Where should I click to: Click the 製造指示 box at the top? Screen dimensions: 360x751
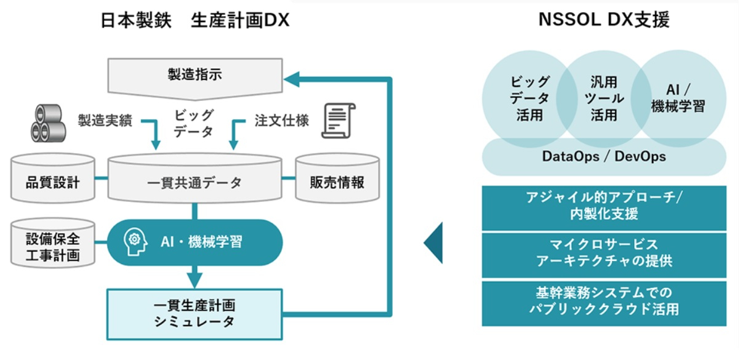[x=195, y=76]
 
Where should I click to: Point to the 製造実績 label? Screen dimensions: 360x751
[x=105, y=121]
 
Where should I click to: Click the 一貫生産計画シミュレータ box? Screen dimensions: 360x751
[x=195, y=313]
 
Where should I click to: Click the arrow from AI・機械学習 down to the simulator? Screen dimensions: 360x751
[x=195, y=276]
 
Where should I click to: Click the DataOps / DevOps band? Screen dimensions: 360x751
[x=603, y=156]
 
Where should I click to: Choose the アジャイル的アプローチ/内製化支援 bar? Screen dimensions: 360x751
[x=603, y=206]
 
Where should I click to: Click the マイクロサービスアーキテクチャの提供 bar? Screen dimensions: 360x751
[x=603, y=253]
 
